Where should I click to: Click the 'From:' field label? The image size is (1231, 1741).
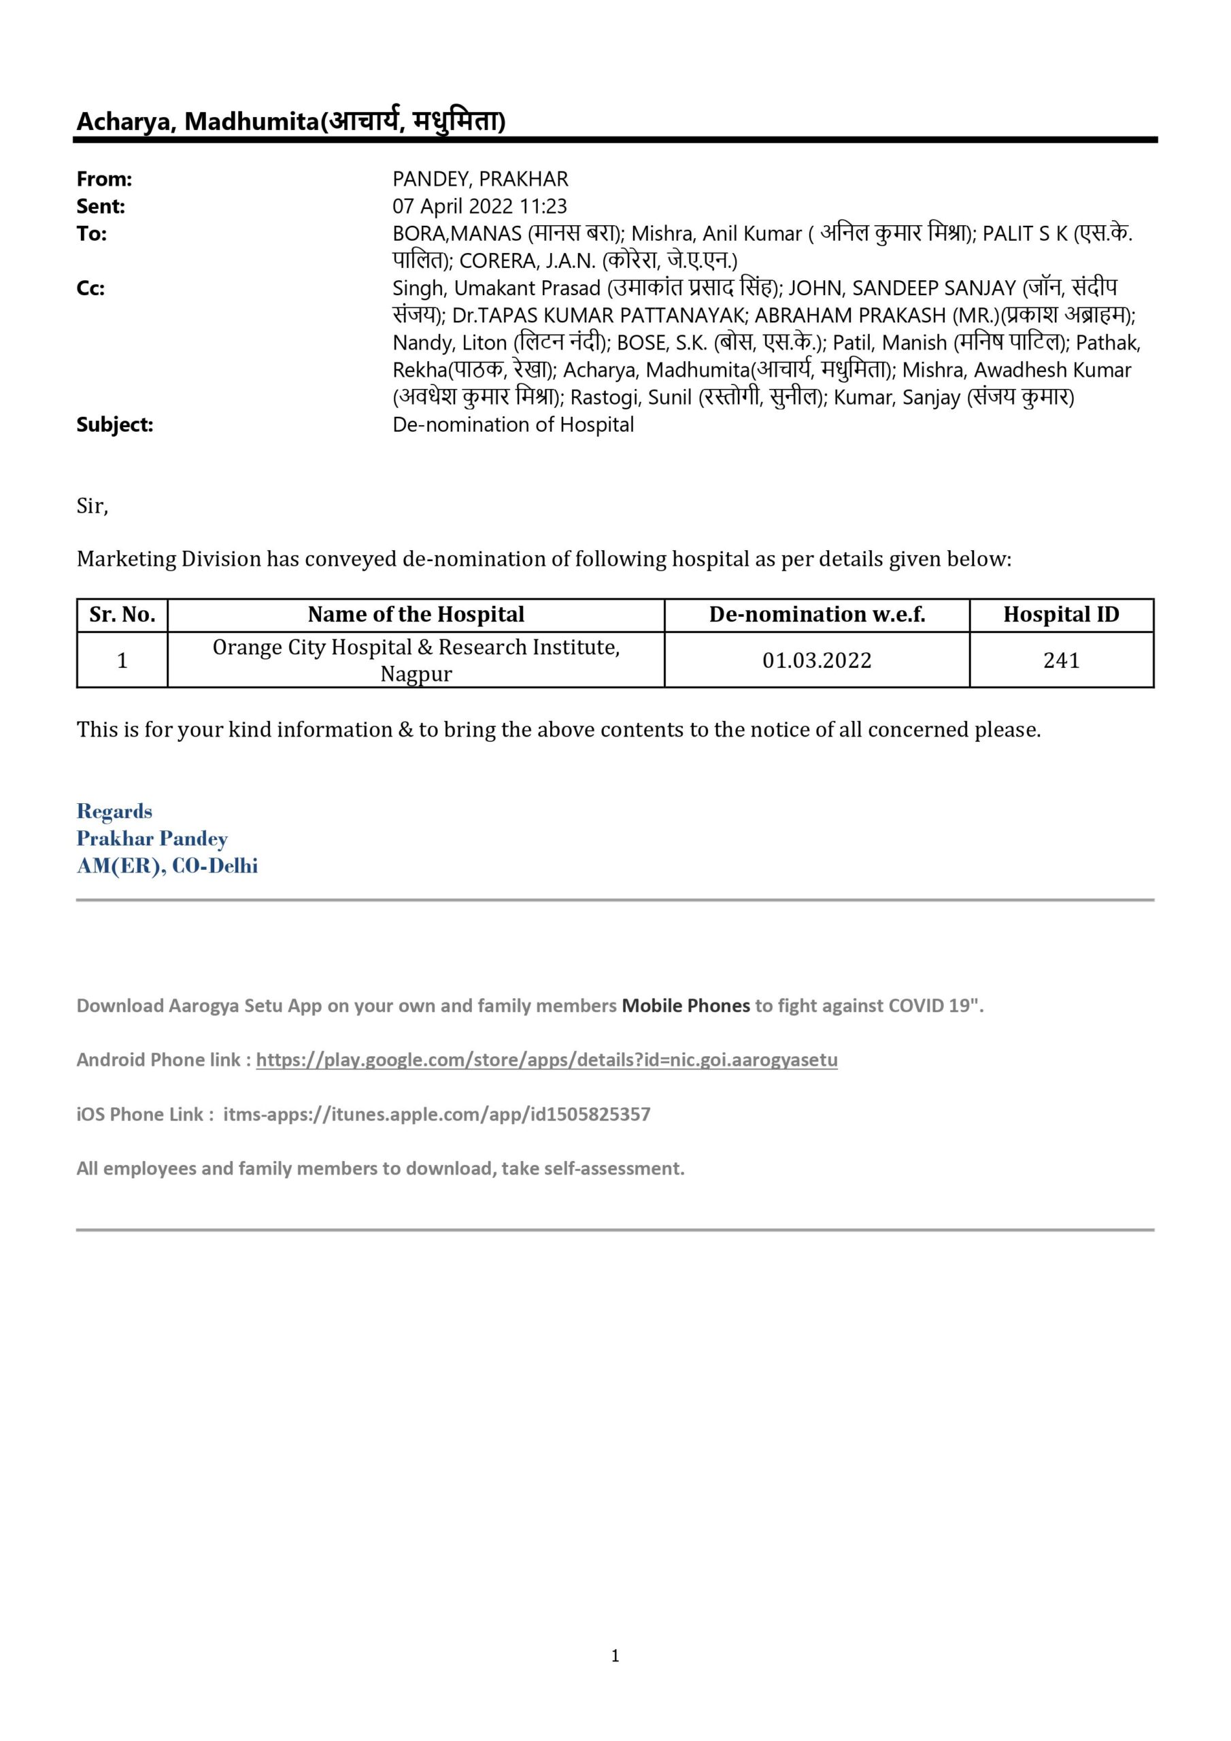104,179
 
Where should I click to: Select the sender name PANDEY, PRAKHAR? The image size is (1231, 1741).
479,179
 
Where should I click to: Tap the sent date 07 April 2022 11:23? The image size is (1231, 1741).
479,206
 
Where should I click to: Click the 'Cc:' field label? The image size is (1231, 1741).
90,288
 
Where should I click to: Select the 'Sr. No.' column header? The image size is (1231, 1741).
122,614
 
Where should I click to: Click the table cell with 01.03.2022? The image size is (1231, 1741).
816,660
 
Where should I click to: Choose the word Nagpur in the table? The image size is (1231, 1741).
416,674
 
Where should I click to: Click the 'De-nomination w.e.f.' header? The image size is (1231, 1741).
816,614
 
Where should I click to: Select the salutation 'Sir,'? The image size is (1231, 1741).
92,506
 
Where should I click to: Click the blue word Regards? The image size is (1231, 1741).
114,811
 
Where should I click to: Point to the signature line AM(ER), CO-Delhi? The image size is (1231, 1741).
167,866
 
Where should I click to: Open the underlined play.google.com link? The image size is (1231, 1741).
546,1060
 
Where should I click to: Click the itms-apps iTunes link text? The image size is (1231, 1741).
436,1114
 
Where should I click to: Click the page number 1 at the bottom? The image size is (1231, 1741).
615,1656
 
